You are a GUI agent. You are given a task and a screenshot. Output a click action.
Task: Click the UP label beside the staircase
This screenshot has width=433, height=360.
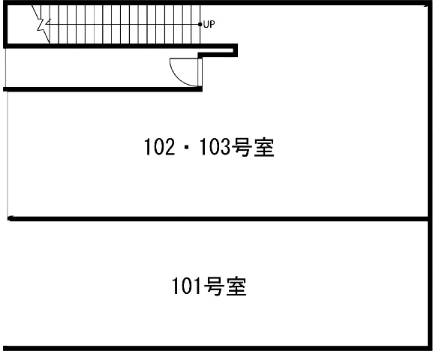(209, 24)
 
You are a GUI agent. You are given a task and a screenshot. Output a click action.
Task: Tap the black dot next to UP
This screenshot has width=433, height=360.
(200, 24)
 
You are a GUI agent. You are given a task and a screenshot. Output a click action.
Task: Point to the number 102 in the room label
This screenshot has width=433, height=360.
(160, 146)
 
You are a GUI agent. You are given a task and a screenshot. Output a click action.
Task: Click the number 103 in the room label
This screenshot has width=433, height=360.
(215, 146)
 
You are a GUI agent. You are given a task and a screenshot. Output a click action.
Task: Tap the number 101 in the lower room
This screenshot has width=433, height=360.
(186, 286)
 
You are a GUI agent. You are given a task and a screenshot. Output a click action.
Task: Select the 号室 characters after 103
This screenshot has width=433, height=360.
(252, 147)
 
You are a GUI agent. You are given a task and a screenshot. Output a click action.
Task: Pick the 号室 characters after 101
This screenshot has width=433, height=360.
(224, 286)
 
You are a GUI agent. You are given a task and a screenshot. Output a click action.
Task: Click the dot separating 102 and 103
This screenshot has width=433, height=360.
(188, 148)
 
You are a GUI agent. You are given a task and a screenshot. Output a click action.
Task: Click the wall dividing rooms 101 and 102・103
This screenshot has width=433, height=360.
(218, 219)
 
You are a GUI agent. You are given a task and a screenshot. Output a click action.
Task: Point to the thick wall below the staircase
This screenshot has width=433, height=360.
(121, 46)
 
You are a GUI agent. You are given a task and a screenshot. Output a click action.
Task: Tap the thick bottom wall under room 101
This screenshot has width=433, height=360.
(215, 349)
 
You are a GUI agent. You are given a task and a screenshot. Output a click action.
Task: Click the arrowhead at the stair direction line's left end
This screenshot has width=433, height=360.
(47, 24)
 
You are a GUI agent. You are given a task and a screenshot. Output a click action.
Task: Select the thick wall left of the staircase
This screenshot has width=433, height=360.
(5, 24)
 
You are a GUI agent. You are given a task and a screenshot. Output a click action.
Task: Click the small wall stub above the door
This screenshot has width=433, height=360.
(218, 55)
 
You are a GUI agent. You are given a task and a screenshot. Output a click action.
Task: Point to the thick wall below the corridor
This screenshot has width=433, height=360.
(103, 89)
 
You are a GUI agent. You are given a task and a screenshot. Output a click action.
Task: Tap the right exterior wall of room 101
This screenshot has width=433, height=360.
(430, 284)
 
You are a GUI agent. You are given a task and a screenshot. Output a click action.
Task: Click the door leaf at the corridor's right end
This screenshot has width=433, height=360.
(200, 72)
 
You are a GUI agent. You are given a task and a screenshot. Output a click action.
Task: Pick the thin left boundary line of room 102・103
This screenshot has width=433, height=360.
(8, 154)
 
